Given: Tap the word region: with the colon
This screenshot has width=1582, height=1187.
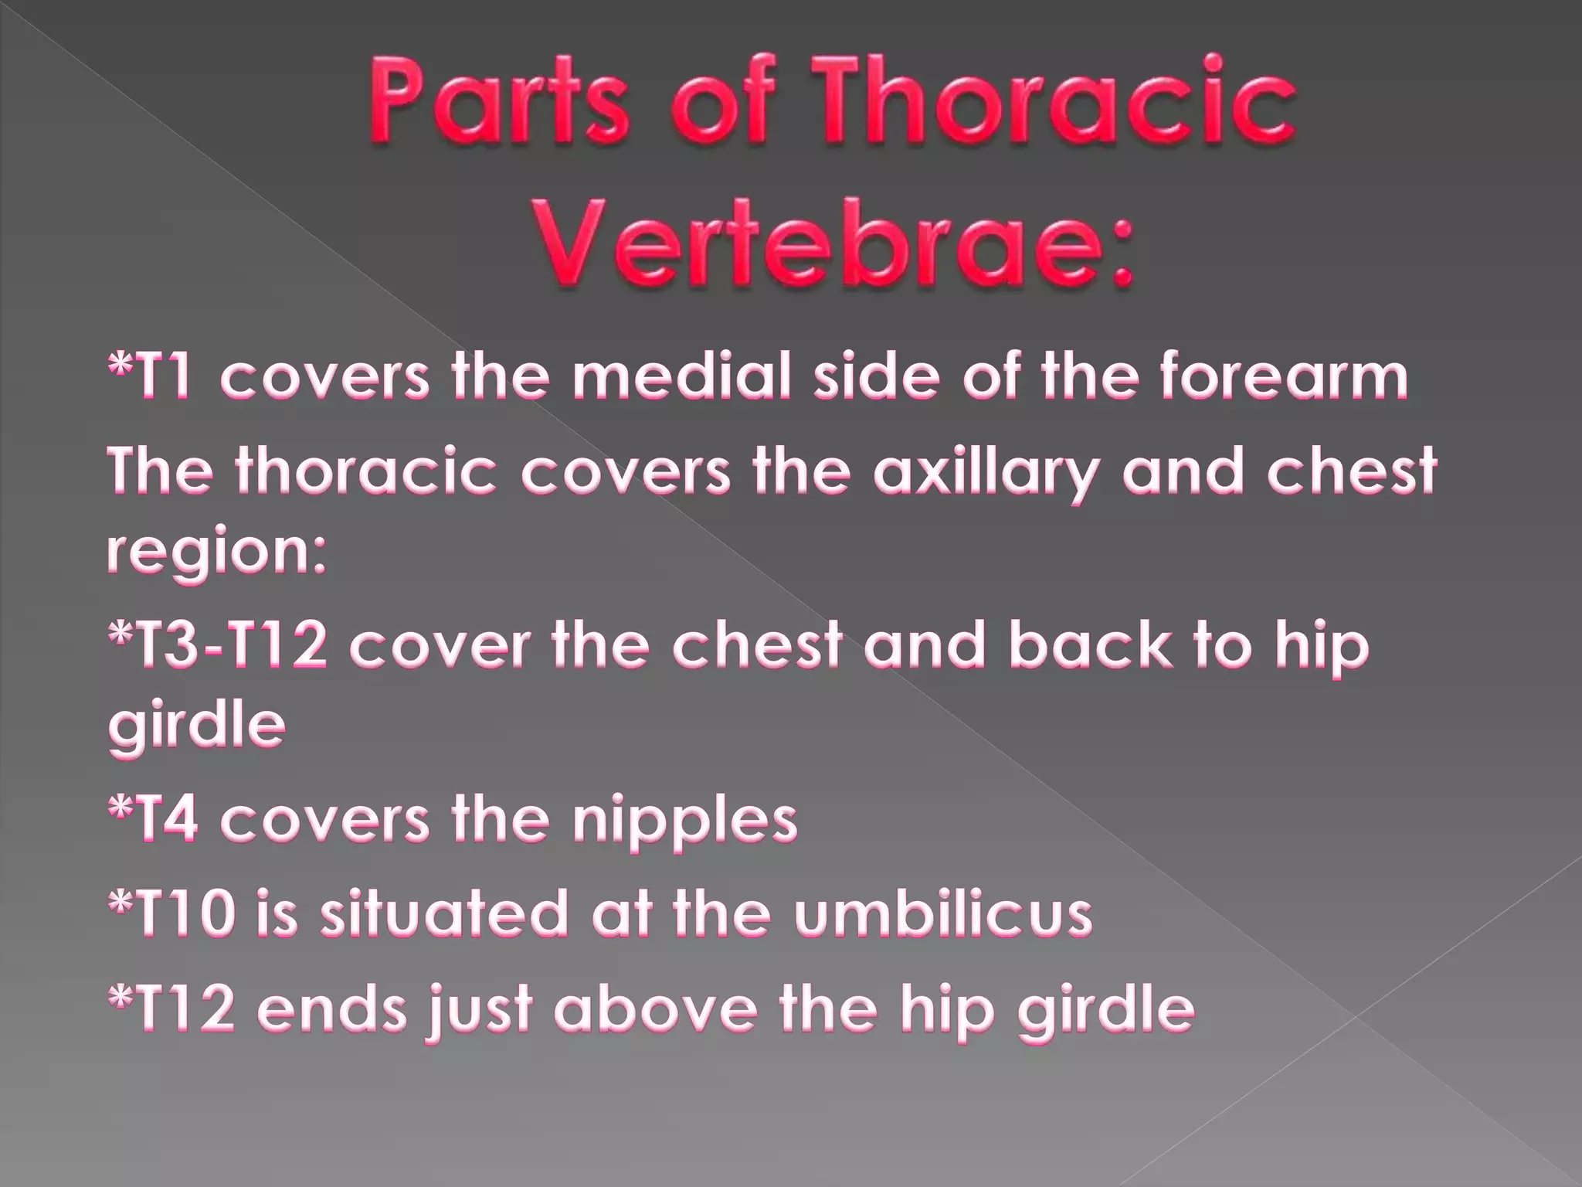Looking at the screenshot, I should [x=216, y=554].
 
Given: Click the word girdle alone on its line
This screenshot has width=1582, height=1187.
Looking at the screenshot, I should [x=197, y=726].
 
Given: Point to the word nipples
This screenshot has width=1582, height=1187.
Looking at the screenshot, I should [x=684, y=818].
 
